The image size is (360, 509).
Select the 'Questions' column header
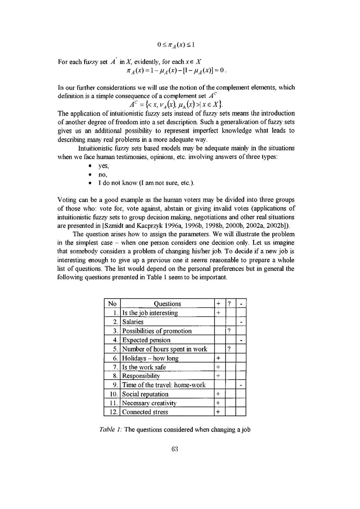pyautogui.click(x=167, y=304)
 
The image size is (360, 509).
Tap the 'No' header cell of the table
pyautogui.click(x=112, y=304)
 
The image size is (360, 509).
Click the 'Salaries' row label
pyautogui.click(x=133, y=322)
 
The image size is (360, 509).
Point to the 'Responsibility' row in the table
pyautogui.click(x=141, y=376)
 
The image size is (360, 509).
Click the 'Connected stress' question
pyautogui.click(x=145, y=412)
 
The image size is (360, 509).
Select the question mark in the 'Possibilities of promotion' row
pyautogui.click(x=229, y=331)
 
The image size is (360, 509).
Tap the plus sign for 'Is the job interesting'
pyautogui.click(x=218, y=313)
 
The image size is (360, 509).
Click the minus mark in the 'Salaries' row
pyautogui.click(x=241, y=323)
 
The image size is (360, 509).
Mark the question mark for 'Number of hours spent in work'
pyautogui.click(x=229, y=349)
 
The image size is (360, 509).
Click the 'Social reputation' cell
pyautogui.click(x=145, y=394)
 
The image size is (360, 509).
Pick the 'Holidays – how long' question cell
pyautogui.click(x=150, y=358)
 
